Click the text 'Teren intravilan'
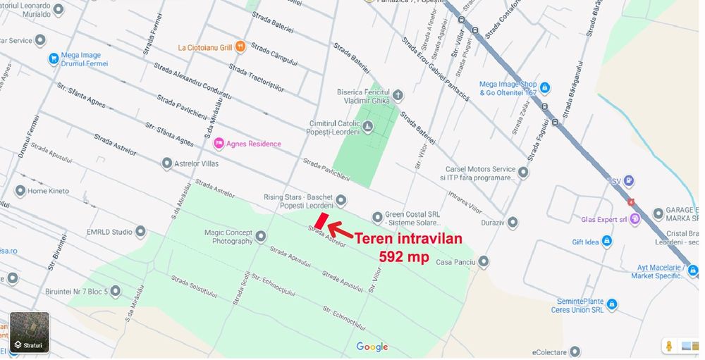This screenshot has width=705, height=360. [408, 239]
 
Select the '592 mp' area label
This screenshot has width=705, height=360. [404, 256]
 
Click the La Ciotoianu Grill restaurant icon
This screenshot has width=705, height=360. [241, 47]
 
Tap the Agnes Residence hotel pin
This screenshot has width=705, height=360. [219, 144]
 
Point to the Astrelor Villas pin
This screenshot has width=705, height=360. [167, 163]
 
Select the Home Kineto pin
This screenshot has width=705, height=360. [20, 191]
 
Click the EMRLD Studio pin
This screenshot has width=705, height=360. [140, 231]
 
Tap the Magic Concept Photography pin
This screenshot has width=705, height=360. [261, 236]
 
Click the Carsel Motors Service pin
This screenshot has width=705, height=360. [523, 172]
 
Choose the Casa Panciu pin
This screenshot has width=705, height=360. [483, 262]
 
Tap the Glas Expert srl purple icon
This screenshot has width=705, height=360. [635, 219]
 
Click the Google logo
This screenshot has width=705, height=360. [372, 347]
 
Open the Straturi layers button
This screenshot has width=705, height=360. [30, 332]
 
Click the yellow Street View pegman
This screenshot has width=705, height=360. [668, 346]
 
